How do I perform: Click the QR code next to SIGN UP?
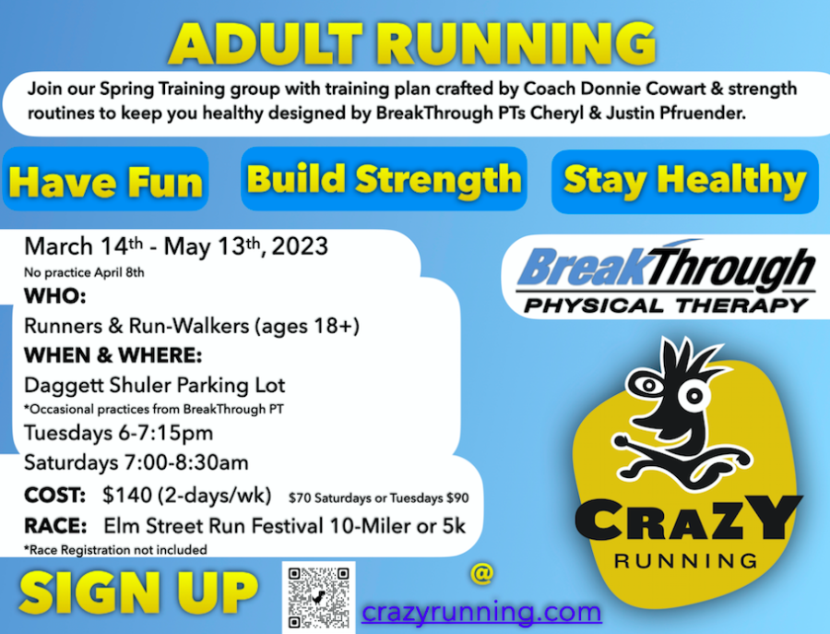[x=319, y=597]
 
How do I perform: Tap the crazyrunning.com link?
[x=481, y=612]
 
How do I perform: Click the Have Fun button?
[x=105, y=179]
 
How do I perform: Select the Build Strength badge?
[x=384, y=178]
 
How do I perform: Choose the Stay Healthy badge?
[x=685, y=181]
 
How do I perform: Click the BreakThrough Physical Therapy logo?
[x=665, y=277]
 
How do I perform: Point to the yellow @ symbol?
[x=481, y=573]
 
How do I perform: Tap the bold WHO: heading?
[x=55, y=296]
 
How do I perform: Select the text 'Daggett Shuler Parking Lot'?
[x=155, y=385]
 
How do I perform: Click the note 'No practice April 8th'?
[x=84, y=273]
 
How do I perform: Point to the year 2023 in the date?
[x=300, y=246]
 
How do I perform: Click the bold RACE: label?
[x=55, y=526]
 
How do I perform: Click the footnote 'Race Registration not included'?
[x=115, y=550]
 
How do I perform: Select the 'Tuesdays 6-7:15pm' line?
[x=119, y=433]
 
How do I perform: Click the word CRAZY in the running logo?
[x=689, y=518]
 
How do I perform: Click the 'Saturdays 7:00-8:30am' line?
[x=136, y=463]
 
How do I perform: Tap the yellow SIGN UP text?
[x=138, y=593]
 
